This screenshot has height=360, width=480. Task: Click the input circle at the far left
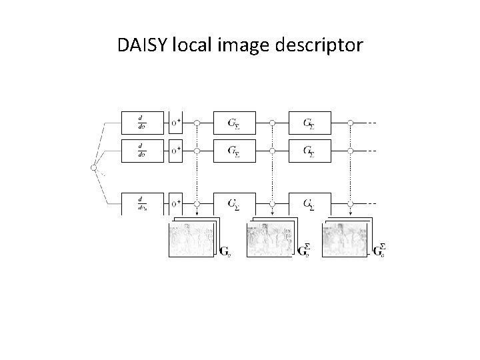pyautogui.click(x=94, y=167)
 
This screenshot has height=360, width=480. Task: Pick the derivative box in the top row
pyautogui.click(x=142, y=123)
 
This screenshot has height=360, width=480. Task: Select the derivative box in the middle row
pyautogui.click(x=142, y=150)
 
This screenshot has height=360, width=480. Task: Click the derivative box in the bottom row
pyautogui.click(x=142, y=203)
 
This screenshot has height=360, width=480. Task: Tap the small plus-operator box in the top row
pyautogui.click(x=176, y=123)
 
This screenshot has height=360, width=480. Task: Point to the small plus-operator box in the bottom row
pyautogui.click(x=176, y=203)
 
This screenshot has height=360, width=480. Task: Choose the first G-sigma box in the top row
pyautogui.click(x=234, y=123)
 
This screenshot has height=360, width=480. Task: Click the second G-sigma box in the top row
pyautogui.click(x=309, y=123)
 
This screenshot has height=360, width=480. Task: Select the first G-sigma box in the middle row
pyautogui.click(x=234, y=150)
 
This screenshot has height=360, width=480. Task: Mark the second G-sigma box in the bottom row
pyautogui.click(x=309, y=203)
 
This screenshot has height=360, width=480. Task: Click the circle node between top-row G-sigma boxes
pyautogui.click(x=272, y=123)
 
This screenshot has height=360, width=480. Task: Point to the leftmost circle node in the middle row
pyautogui.click(x=197, y=150)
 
